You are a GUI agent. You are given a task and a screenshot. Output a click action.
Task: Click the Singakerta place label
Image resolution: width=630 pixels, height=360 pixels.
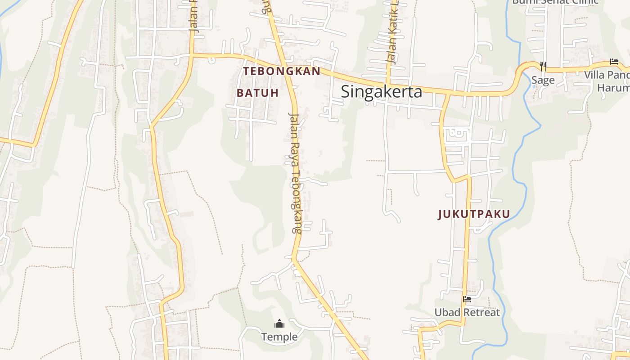coord(381,92)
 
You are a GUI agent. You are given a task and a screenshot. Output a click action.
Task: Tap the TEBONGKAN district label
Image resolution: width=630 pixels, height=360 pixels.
coord(282,71)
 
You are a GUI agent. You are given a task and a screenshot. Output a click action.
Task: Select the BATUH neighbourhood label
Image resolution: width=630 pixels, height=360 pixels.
coord(257,93)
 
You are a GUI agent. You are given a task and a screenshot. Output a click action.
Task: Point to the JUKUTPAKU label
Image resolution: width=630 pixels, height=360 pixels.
coord(474,214)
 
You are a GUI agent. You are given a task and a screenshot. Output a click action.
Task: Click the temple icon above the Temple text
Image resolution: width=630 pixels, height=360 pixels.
coord(279,324)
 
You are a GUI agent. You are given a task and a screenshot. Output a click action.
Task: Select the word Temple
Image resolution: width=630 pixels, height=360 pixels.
coord(279,337)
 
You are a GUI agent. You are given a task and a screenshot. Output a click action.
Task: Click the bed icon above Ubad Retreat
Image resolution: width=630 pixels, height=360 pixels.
coord(467,299)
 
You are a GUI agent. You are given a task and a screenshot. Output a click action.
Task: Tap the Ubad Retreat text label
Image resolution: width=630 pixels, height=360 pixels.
coord(467,312)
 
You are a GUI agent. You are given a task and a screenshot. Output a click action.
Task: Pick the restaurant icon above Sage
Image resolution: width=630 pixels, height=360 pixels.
coord(543,67)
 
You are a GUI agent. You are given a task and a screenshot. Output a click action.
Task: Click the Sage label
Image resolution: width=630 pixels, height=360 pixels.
coord(543,81)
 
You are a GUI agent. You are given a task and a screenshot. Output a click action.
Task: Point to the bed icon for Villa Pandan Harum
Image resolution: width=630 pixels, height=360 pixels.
coord(614,62)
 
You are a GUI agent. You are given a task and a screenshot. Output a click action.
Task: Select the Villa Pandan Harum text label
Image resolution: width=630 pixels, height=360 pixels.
coord(607,81)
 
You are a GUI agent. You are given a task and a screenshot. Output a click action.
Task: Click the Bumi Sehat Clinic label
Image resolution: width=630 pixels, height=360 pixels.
coord(555,1)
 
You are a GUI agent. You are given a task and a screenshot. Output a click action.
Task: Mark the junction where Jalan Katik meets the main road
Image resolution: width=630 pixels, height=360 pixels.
coord(388,84)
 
